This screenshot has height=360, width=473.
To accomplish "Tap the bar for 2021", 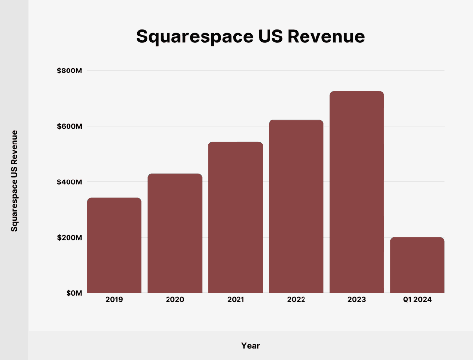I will coord(236,217).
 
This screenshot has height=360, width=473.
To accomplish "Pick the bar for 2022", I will coord(296,207).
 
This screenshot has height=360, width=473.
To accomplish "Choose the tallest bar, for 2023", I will coord(357,192).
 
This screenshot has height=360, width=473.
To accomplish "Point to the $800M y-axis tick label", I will coord(69,71).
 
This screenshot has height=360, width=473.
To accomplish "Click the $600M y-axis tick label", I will coord(69,126).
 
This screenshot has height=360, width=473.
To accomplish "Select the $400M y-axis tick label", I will coord(69,182).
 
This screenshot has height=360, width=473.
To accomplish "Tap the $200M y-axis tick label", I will coord(69,238).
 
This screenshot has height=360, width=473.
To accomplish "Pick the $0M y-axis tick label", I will coord(73,293).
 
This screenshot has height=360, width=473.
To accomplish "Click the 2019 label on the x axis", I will coord(114,300).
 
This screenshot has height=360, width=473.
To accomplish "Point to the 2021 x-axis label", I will coord(236,300).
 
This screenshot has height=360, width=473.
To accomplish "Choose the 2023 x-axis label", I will coord(357,300).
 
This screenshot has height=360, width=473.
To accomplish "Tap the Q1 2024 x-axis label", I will coord(417,300).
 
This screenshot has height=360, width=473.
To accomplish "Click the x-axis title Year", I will coord(250,346).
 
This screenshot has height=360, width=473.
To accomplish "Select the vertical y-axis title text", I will coord(15,180).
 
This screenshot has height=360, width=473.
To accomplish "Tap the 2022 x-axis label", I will coord(296,300).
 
